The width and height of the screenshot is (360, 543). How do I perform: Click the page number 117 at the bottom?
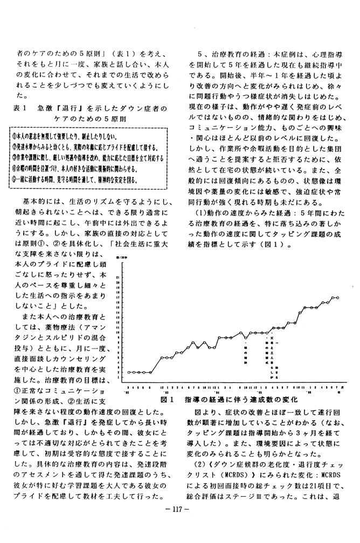click(180, 521)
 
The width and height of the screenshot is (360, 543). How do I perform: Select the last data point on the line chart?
click(337, 297)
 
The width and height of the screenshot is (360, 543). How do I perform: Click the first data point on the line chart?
click(128, 372)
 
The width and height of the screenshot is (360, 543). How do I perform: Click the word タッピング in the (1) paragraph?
click(282, 235)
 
